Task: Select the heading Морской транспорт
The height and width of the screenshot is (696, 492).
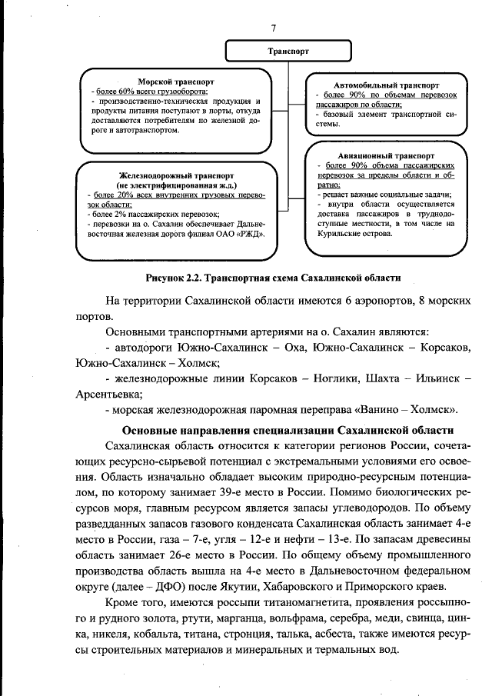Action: [175, 81]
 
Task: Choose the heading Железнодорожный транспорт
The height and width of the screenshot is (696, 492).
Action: [176, 176]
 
